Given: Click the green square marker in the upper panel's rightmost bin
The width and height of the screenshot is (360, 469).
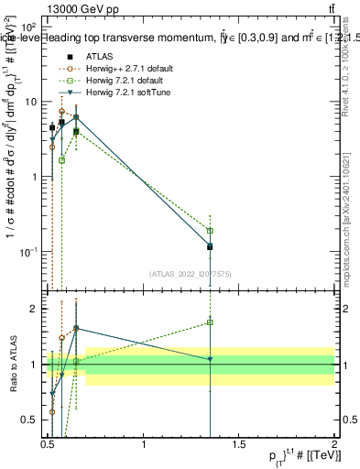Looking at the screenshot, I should point(211,231).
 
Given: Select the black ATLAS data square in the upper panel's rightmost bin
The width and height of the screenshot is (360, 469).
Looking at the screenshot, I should point(211,246).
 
